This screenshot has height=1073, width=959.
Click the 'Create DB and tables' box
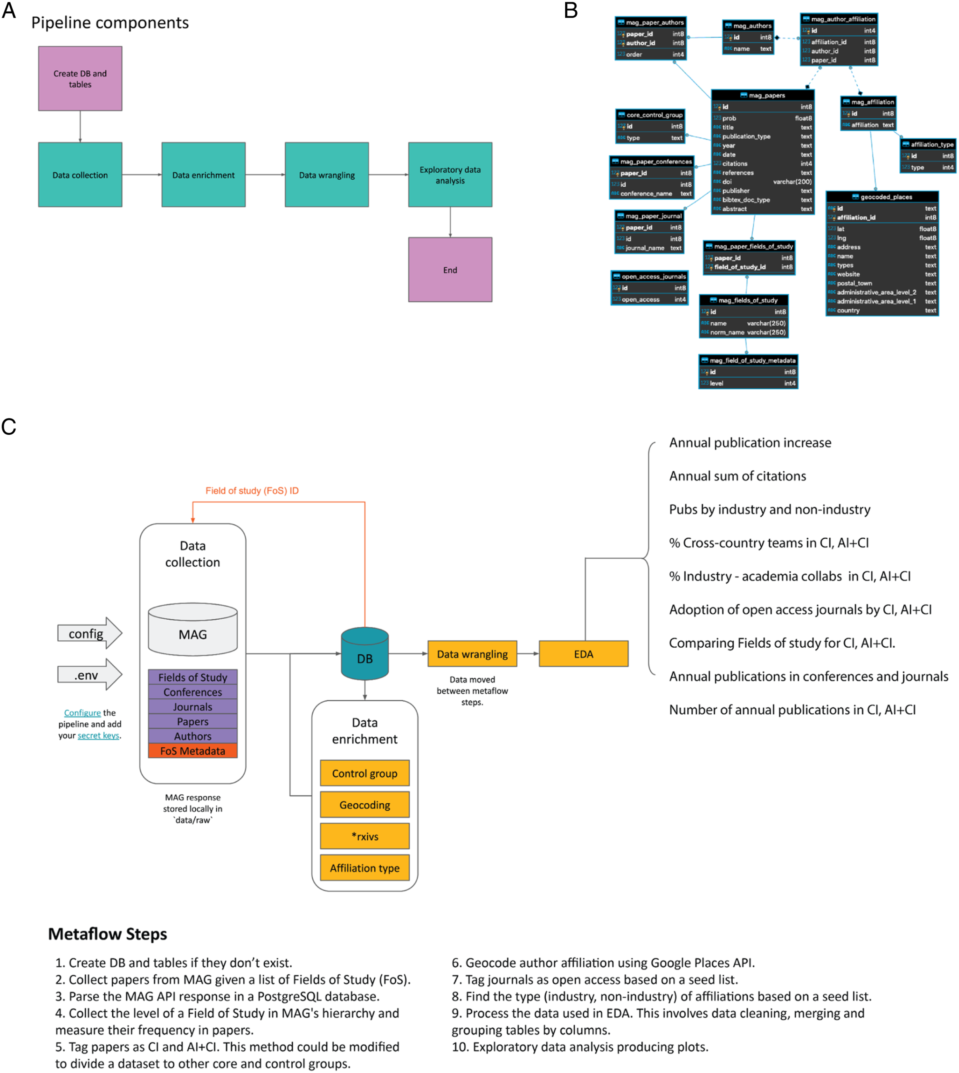(80, 79)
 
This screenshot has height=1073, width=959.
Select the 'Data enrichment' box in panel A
(203, 174)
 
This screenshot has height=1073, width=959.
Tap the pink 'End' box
(450, 270)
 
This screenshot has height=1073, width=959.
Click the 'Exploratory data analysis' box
(450, 174)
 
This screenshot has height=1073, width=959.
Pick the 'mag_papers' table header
(762, 95)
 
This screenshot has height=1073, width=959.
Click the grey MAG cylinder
(193, 629)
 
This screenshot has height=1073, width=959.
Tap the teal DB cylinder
(365, 653)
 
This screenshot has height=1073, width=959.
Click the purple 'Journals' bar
(193, 707)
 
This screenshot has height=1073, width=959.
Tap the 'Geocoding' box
(365, 804)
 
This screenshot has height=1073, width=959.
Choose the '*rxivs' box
(365, 836)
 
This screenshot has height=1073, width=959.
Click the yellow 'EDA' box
(583, 654)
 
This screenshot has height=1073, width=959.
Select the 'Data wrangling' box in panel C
(472, 654)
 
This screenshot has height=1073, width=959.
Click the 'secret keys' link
(99, 735)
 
